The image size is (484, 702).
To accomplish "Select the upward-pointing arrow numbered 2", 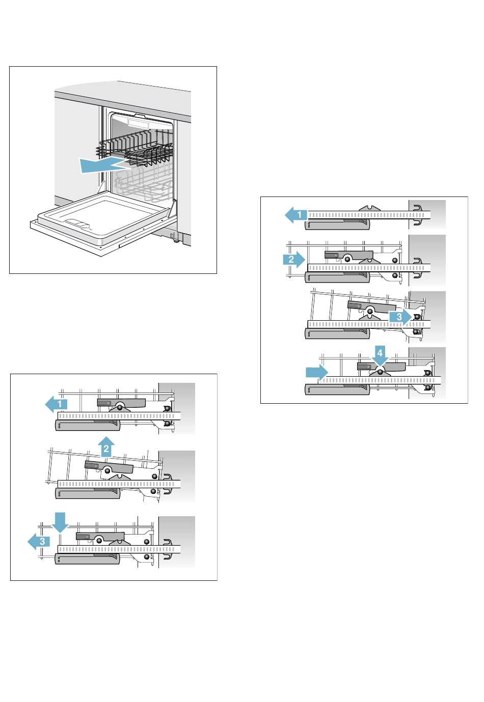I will [105, 447].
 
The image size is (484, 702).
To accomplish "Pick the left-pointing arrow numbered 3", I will [39, 541].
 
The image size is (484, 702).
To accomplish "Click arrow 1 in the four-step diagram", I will [296, 215].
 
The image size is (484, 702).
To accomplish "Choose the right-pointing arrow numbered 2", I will [293, 259].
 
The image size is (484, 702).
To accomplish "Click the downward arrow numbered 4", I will [380, 355].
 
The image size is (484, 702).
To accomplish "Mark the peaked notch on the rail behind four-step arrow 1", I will [370, 208].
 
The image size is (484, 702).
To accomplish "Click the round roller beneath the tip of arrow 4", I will [380, 372].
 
